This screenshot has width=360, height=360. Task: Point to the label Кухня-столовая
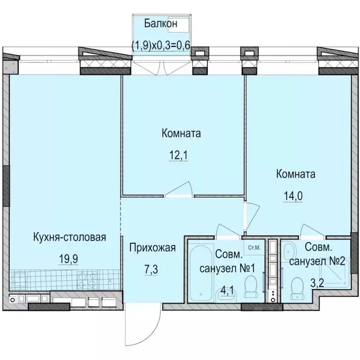click(70, 237)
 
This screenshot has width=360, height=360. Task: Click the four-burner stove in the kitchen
click(87, 279)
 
